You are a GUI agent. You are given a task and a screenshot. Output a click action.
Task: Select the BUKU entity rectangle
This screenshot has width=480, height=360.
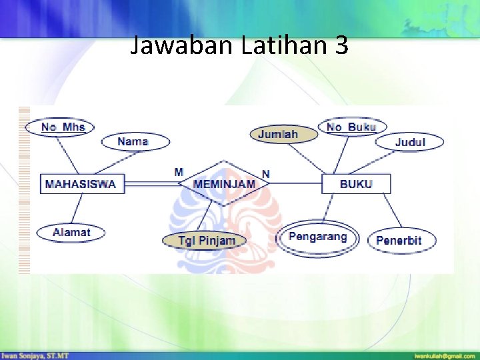pyautogui.click(x=356, y=183)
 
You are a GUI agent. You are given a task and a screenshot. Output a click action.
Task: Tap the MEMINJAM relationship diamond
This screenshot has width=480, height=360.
pyautogui.click(x=224, y=183)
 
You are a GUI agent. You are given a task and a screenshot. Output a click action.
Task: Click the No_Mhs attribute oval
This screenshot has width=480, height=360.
pyautogui.click(x=59, y=127)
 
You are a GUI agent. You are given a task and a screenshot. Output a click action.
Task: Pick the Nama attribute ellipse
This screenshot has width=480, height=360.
pyautogui.click(x=134, y=141)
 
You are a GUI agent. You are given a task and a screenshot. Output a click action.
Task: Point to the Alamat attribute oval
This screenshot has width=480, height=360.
pyautogui.click(x=71, y=232)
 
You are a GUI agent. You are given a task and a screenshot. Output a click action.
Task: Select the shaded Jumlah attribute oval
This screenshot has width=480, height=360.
pyautogui.click(x=277, y=134)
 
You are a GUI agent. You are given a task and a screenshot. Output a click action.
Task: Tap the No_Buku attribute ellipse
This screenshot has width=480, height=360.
pyautogui.click(x=352, y=127)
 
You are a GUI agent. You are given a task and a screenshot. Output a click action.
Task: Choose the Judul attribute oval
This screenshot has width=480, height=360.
pyautogui.click(x=409, y=142)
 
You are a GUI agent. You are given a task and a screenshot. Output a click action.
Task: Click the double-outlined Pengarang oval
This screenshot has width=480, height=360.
pyautogui.click(x=318, y=237)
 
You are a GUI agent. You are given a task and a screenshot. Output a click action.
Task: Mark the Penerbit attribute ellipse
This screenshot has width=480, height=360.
pyautogui.click(x=399, y=240)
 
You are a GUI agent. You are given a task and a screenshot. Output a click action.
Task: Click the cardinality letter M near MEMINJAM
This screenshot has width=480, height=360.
pyautogui.click(x=179, y=172)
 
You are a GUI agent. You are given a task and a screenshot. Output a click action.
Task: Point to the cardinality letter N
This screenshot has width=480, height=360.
pyautogui.click(x=266, y=173)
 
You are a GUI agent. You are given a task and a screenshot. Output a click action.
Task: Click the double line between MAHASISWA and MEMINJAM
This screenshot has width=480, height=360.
pyautogui.click(x=154, y=184)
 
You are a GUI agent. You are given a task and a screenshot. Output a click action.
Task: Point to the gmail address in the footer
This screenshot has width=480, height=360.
pyautogui.click(x=445, y=355)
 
